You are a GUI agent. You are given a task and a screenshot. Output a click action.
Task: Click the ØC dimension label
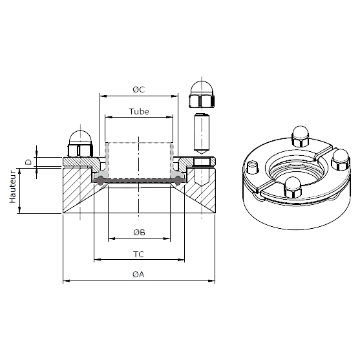pos(139,89)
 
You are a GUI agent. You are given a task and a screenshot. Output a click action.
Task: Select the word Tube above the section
pos(139,112)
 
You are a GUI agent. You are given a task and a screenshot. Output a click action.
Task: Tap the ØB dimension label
pos(139,232)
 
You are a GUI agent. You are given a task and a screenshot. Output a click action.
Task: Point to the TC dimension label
pos(139,255)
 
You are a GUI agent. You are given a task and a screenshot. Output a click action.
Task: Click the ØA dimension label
pos(138,274)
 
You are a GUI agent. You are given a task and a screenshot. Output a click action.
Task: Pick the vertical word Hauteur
pos(12,186)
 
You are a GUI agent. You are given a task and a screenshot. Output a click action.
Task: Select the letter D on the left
pos(28,162)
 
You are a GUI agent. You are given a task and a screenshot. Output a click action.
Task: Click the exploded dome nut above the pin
pos(202,94)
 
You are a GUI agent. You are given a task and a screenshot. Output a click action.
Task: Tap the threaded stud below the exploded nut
pos(202,134)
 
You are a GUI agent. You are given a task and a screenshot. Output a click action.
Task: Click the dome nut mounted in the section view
pos(80,144)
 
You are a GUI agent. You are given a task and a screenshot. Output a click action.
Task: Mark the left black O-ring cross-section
pos(100,180)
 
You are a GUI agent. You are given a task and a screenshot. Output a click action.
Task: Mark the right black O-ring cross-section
pos(178,180)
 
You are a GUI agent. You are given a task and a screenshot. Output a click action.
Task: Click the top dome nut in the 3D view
pos(301,136)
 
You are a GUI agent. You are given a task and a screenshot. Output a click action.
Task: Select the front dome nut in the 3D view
pos(293,187)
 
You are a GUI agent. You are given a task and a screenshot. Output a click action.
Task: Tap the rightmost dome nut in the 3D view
pos(341,160)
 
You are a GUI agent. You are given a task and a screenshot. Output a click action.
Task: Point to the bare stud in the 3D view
pos(253,167)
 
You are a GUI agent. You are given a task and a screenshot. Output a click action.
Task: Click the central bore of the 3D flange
pos(296,169)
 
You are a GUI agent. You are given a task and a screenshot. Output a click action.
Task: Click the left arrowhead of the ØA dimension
pos(67,281)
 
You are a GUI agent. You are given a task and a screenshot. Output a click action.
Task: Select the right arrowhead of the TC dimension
pos(181,260)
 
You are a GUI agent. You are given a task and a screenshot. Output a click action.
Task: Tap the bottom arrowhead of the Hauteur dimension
pos(19,209)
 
